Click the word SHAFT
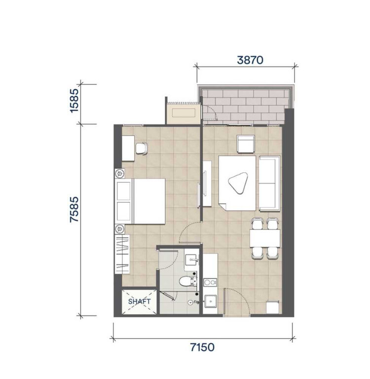tap(139, 301)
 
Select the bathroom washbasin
tap(191, 258)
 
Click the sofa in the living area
tap(269, 183)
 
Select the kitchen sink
tap(211, 300)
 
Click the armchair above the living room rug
tap(245, 144)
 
